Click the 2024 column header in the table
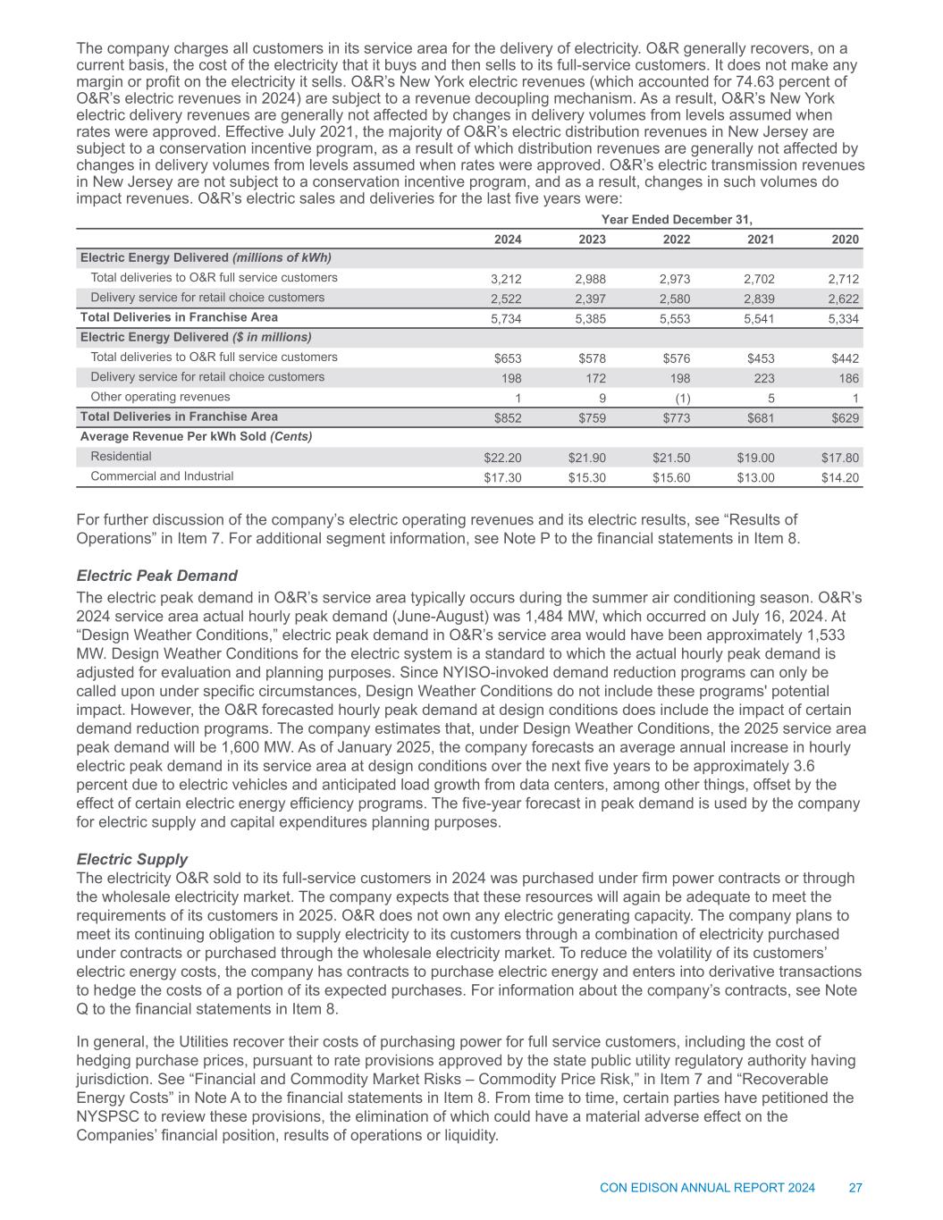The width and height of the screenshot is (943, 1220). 509,240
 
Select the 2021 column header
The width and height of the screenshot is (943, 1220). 762,240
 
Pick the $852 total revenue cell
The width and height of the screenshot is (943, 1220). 508,418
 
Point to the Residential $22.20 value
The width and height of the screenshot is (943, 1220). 502,458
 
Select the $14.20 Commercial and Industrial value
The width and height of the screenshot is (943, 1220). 840,477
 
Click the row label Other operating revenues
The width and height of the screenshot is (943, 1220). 160,397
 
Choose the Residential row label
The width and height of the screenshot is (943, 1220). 121,456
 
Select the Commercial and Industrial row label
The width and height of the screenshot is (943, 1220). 162,475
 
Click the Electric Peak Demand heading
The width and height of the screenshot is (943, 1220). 156,576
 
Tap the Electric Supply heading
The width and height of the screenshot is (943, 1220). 132,859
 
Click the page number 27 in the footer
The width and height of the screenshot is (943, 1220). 855,1188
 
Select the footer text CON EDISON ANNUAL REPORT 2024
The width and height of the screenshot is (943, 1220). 707,1188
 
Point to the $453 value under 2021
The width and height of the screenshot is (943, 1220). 760,359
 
